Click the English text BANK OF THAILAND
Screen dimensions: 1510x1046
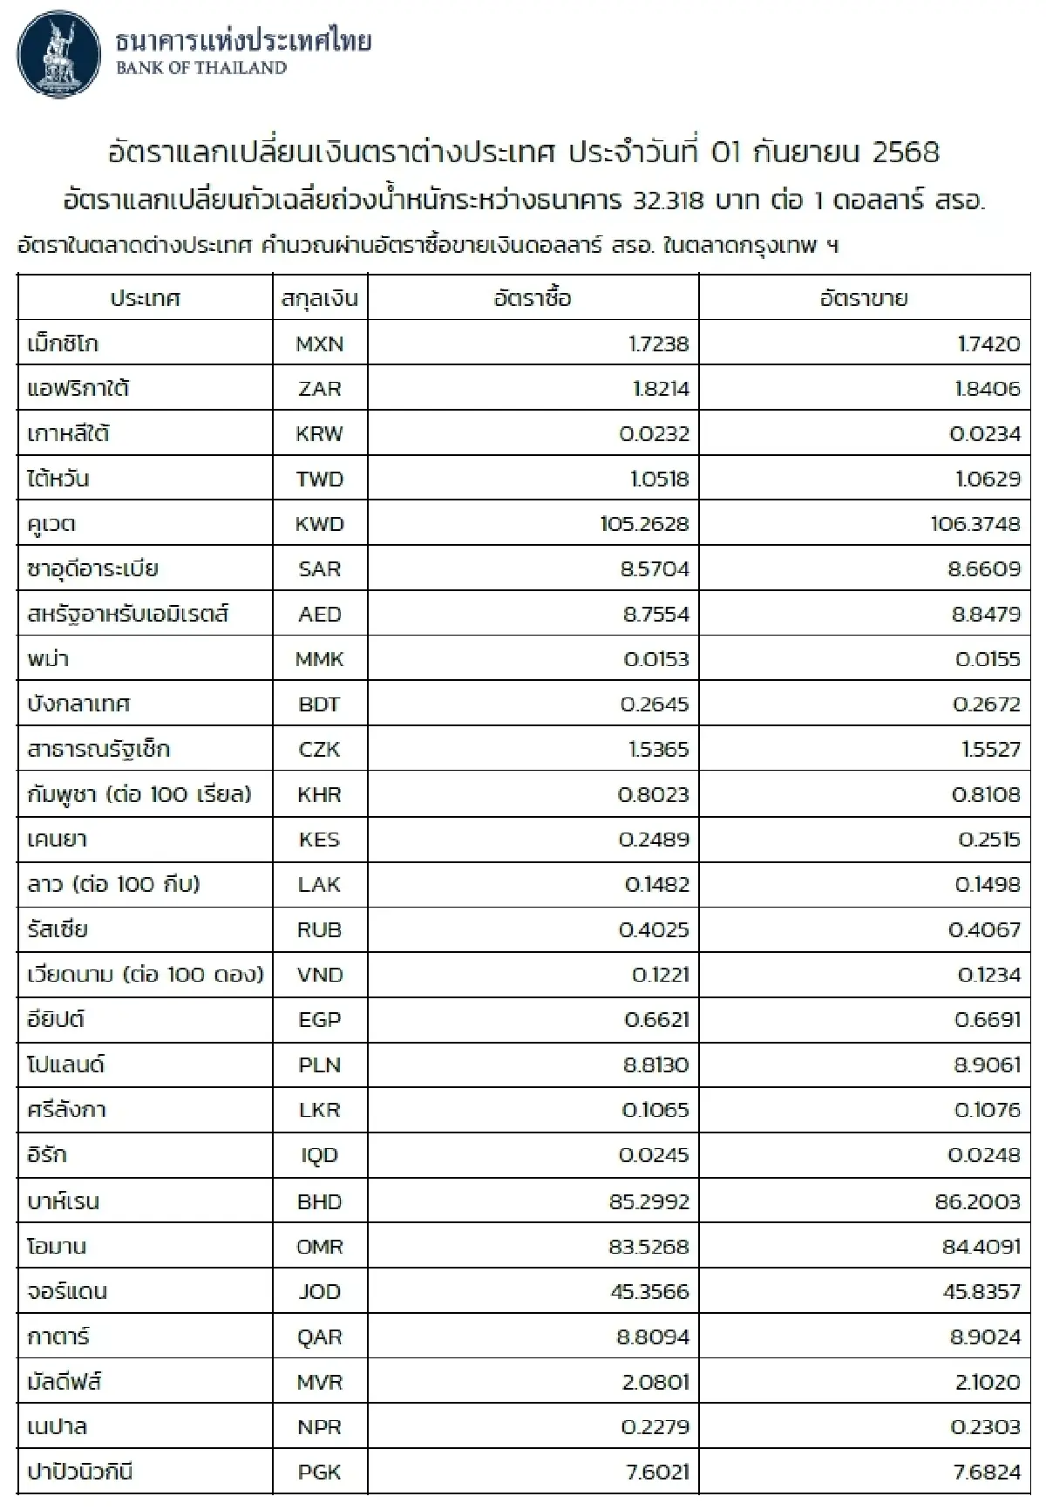pos(200,68)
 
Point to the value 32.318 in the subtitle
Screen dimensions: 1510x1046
pos(666,201)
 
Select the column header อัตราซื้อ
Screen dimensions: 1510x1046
pos(533,298)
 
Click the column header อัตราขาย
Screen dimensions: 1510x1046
pos(864,298)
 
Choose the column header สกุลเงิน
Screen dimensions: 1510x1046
pos(319,298)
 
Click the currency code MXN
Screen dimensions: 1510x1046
pos(319,343)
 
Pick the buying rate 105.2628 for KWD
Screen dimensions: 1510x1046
pos(644,524)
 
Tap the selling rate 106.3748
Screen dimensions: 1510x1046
pos(975,524)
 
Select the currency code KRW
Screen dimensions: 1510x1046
pos(319,433)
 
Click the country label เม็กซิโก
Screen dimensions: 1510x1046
pos(63,343)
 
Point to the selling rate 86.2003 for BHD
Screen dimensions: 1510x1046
pos(977,1201)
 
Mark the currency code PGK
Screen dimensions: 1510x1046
pos(319,1472)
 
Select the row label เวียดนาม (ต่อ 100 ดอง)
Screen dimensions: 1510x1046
pos(145,974)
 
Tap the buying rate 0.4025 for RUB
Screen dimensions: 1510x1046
pos(654,929)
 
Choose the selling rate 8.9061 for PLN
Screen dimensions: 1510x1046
pos(982,1064)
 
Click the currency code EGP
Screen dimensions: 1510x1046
pos(319,1019)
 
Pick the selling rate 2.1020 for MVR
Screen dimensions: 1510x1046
pos(985,1382)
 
